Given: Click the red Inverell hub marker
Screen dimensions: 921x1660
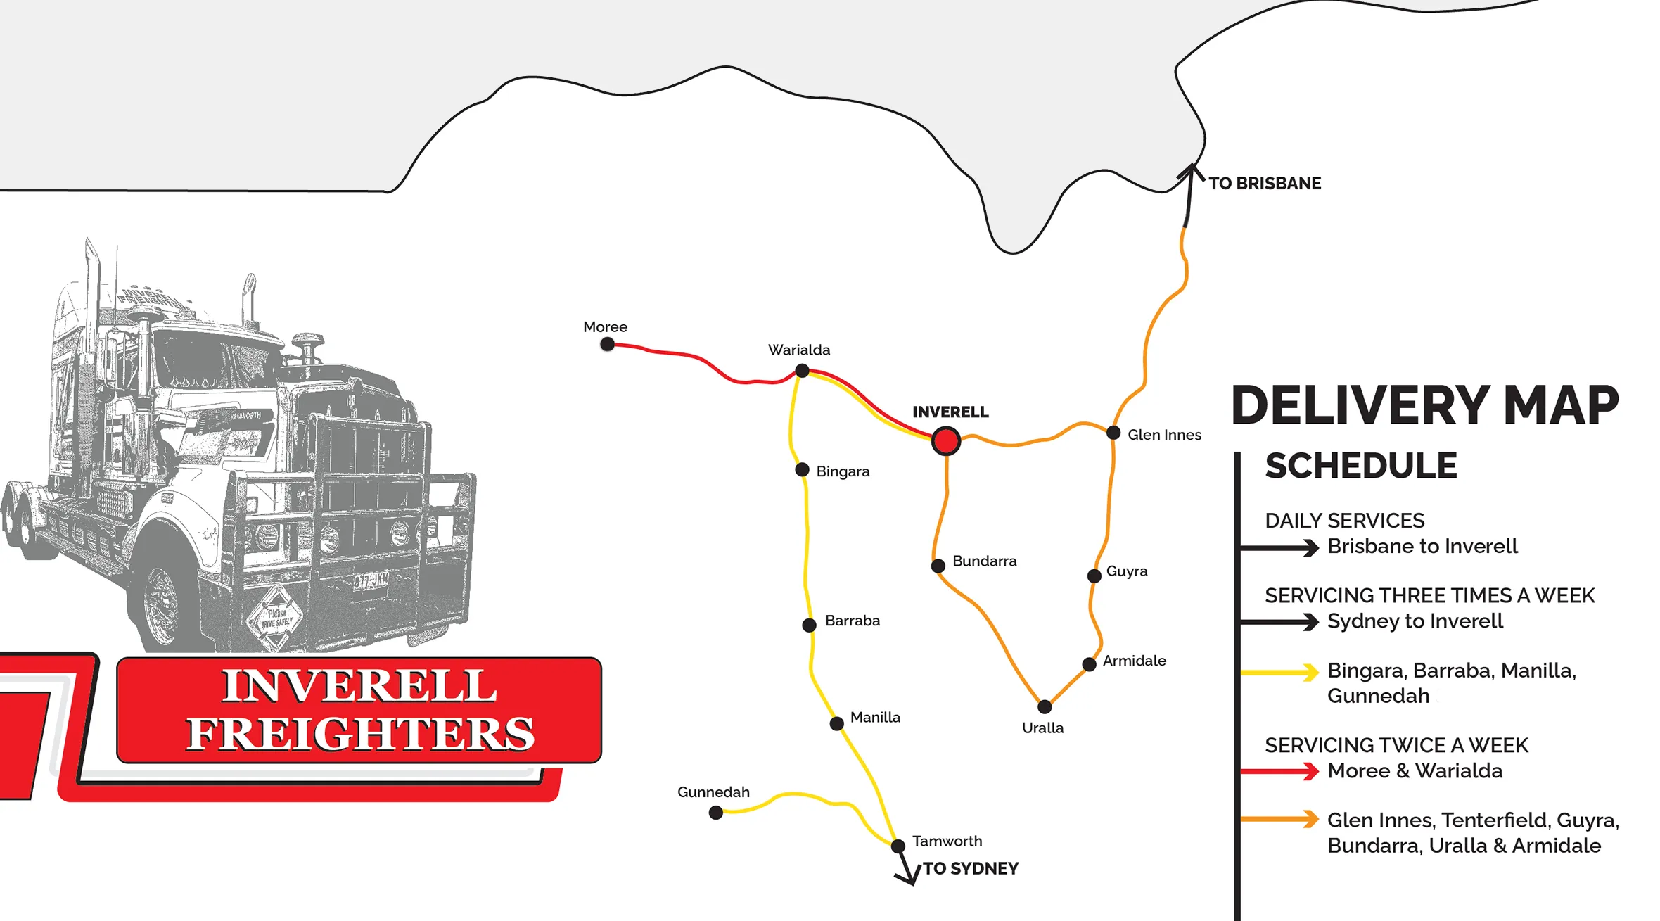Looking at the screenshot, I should tap(946, 441).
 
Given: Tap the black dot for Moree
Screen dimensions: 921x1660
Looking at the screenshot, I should tap(608, 344).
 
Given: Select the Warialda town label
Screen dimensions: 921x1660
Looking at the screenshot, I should tap(799, 350).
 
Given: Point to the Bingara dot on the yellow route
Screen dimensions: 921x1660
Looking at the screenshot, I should tap(802, 469).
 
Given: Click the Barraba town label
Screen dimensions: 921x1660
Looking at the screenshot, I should tap(853, 621).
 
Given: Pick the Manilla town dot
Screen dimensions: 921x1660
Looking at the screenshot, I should tap(837, 723).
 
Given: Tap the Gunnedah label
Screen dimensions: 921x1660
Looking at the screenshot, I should tap(713, 792).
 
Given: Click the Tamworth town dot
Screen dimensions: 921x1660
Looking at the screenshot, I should tap(898, 846).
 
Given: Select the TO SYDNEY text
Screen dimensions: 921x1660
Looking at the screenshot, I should tap(971, 869).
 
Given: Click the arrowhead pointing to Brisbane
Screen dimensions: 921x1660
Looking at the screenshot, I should tap(1190, 171).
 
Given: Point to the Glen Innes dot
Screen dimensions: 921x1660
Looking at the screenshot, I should tap(1113, 433).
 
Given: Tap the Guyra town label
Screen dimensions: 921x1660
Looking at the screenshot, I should tap(1127, 571).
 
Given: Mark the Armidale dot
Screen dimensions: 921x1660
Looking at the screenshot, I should tap(1089, 663).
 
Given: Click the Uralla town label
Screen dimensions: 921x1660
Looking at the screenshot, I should tap(1042, 728).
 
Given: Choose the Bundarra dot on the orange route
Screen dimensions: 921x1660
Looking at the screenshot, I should tap(938, 566).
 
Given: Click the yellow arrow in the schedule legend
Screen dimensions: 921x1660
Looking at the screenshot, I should tap(1280, 673).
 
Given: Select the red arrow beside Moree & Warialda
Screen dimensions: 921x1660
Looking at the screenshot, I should tap(1280, 772).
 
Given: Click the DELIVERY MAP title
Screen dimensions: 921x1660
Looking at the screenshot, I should tap(1425, 406).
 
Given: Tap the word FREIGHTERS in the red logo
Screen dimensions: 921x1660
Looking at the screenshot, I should tap(360, 734).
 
